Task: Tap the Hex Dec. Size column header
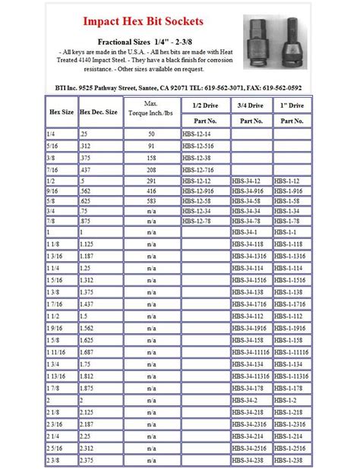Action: tap(99, 112)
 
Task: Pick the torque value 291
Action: tap(152, 182)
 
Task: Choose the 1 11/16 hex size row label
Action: tap(57, 353)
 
